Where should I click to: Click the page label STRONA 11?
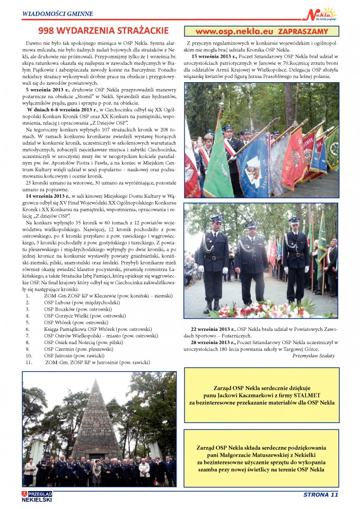(320, 495)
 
